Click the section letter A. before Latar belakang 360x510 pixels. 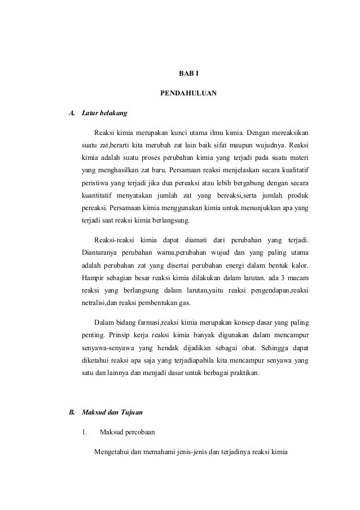tap(71, 113)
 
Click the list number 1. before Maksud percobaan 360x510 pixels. tap(84, 433)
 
